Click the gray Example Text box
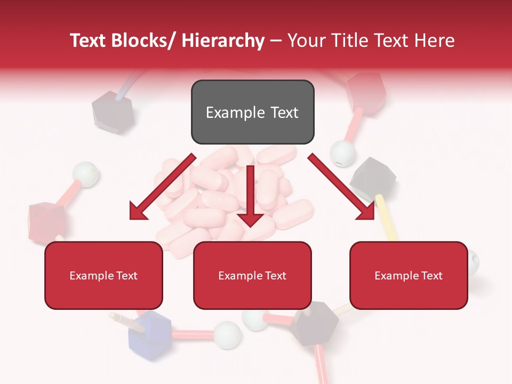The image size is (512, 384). click(252, 112)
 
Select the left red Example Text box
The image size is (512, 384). click(103, 275)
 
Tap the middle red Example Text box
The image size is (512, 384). click(252, 275)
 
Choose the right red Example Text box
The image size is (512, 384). click(409, 275)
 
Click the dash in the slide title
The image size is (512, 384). click(276, 41)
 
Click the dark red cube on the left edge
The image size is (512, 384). click(46, 216)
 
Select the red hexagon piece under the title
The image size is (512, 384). click(365, 91)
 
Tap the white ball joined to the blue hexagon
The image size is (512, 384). click(228, 333)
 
